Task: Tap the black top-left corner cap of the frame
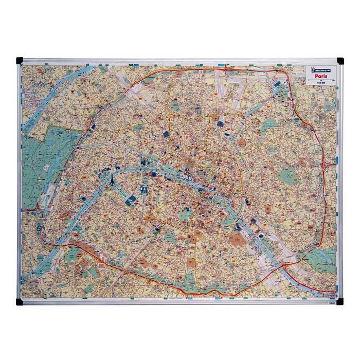(x=20, y=60)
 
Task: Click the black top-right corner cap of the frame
(x=340, y=61)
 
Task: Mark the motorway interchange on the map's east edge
(x=328, y=166)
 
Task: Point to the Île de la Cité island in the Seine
(x=188, y=180)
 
